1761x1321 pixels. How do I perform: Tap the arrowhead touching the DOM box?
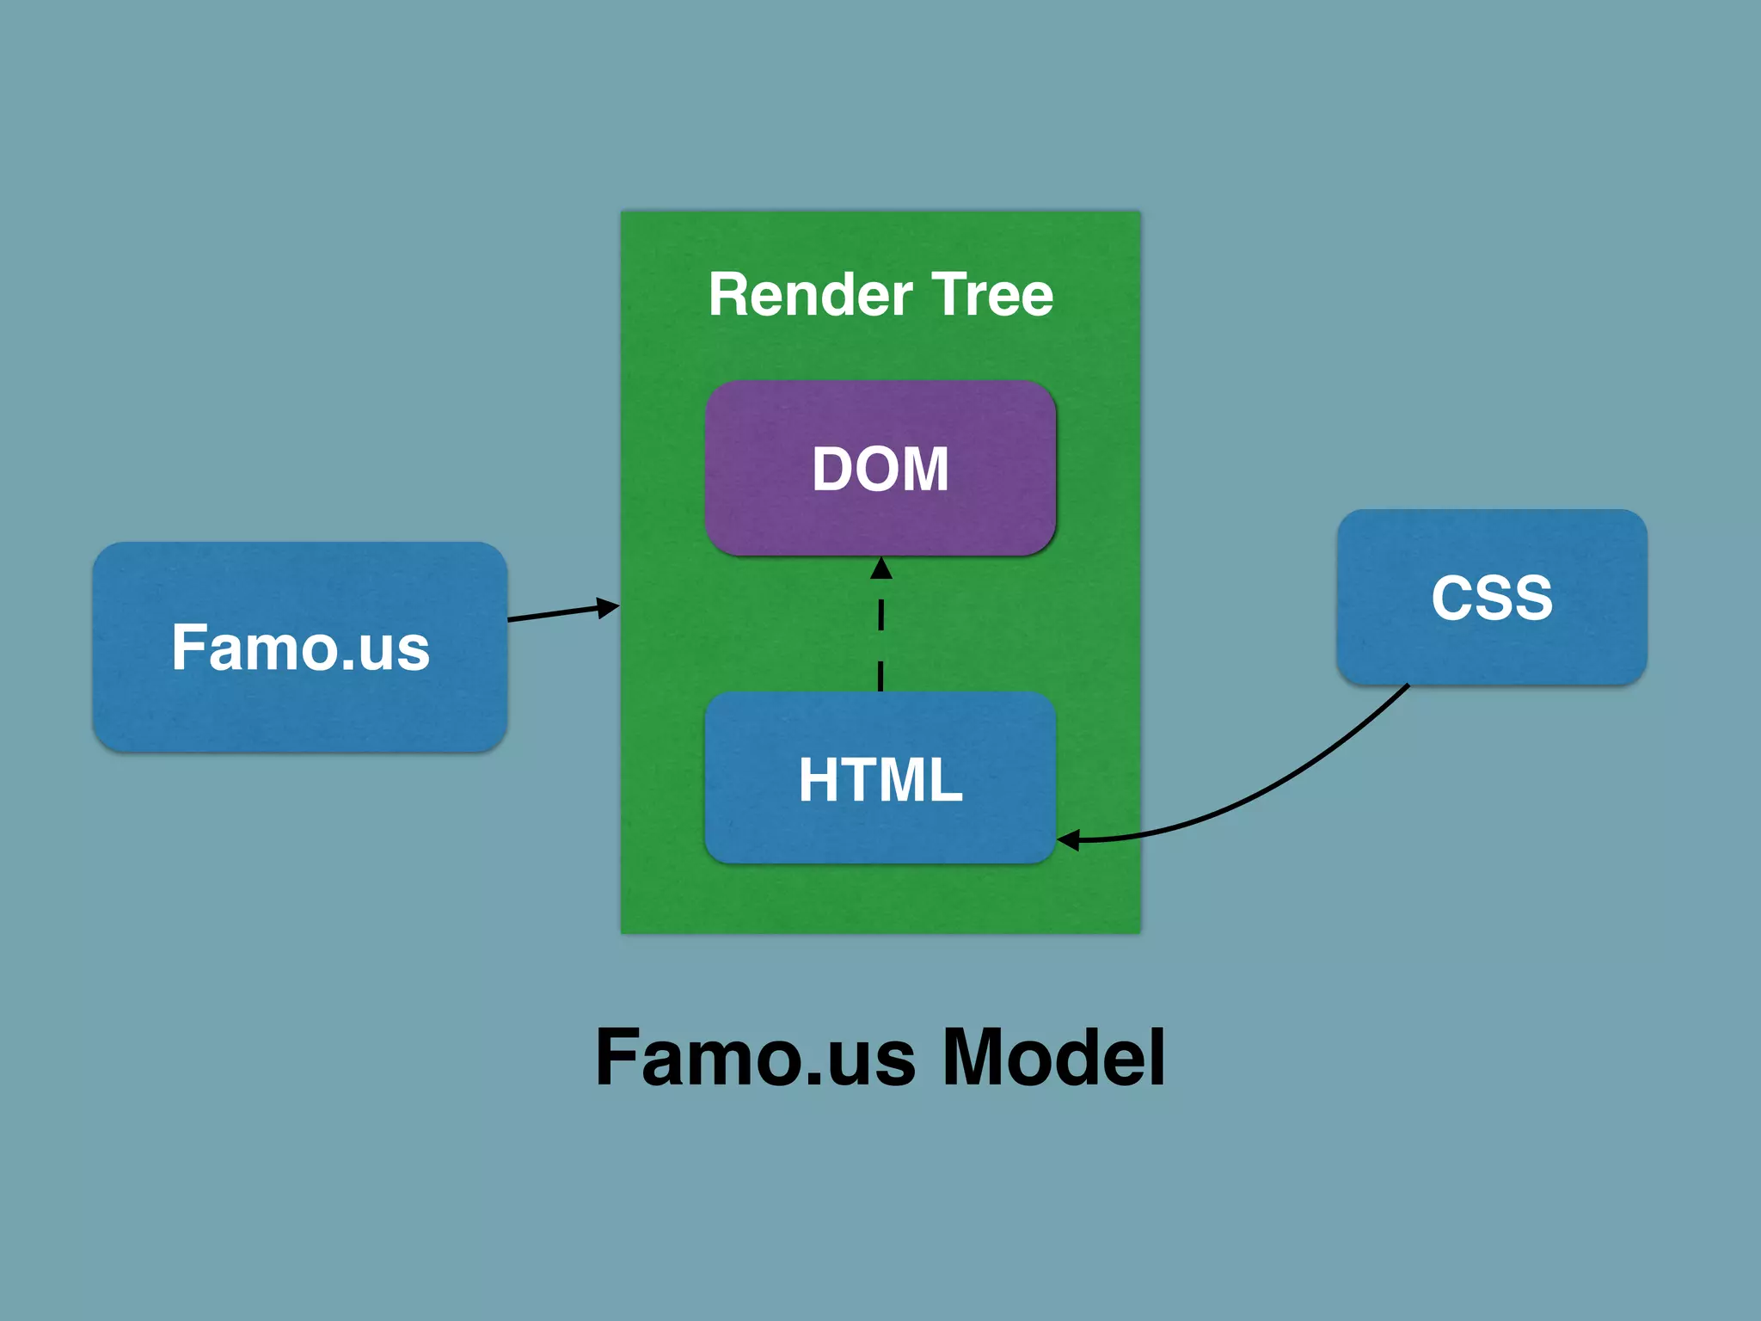click(x=880, y=568)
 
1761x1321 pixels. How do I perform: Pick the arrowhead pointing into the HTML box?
click(x=1069, y=840)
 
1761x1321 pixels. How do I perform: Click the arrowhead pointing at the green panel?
click(x=608, y=608)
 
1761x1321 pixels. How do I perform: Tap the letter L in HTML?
click(x=944, y=780)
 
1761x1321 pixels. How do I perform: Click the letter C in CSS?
click(x=1451, y=597)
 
